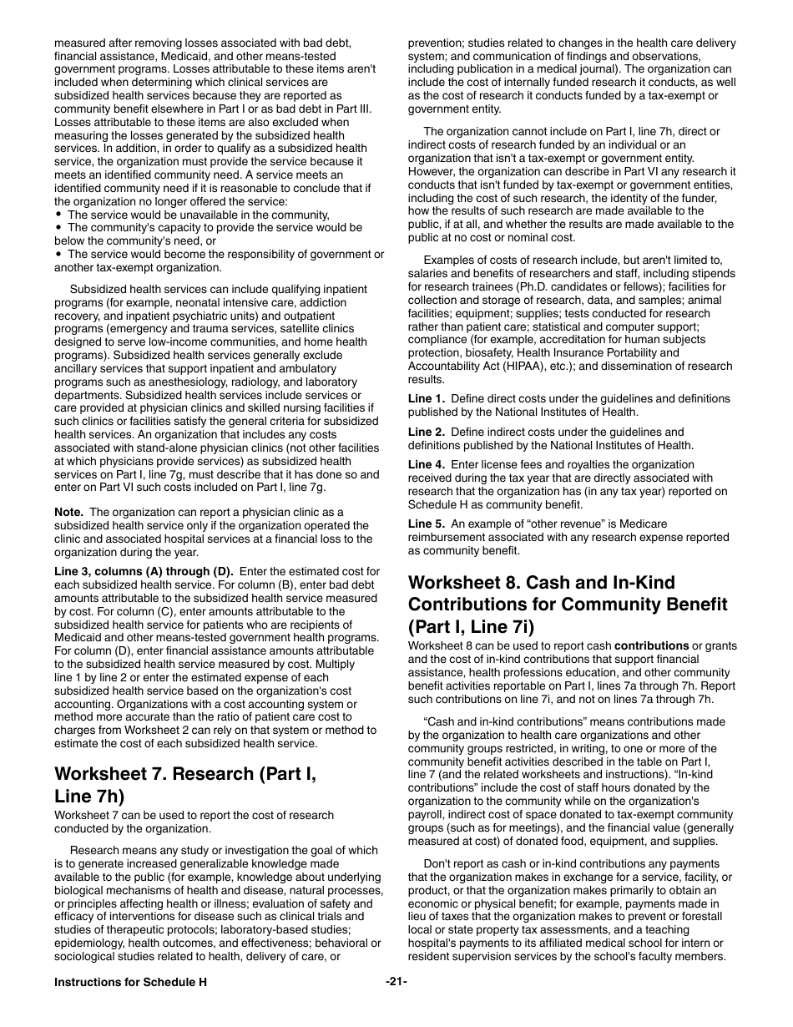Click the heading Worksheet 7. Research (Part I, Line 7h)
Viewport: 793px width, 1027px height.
184,785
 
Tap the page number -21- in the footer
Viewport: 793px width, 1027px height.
396,982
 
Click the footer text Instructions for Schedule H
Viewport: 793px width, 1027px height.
130,983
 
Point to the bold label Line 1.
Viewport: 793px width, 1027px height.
426,399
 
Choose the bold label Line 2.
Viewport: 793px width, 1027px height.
426,432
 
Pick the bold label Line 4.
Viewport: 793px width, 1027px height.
426,465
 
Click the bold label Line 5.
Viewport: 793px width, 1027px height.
426,524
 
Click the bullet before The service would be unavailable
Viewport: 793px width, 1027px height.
58,215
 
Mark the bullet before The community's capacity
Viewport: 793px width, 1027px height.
58,227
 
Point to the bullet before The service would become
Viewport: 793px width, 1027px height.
58,255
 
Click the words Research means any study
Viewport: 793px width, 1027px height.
133,850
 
